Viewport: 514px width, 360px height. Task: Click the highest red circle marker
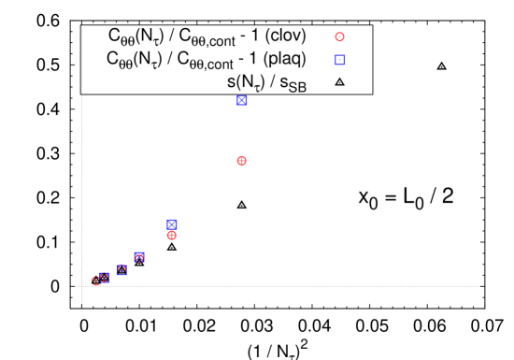click(x=339, y=37)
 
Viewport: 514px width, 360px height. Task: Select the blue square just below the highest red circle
click(x=339, y=60)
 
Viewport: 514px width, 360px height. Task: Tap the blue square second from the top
click(x=242, y=100)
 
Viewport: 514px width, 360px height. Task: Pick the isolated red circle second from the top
click(x=241, y=161)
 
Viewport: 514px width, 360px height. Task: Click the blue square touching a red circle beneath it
click(x=172, y=223)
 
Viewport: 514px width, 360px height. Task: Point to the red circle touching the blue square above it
click(x=172, y=236)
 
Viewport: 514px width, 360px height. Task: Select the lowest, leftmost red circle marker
click(x=95, y=281)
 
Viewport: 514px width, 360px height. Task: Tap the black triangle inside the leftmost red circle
click(x=95, y=281)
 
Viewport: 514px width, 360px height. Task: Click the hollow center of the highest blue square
click(x=339, y=60)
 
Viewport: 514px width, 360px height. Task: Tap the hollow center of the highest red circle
click(x=339, y=37)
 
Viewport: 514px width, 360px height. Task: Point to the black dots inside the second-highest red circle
click(x=241, y=161)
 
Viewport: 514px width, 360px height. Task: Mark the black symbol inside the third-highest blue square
click(x=172, y=223)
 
